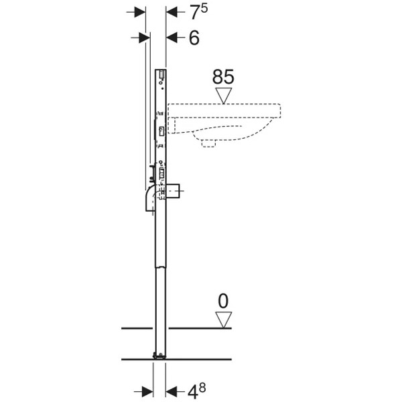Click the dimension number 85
223,76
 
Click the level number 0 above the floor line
223,301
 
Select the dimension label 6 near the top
194,38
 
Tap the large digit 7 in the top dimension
195,13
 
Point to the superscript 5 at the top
204,9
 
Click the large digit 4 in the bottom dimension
193,392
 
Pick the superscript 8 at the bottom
202,388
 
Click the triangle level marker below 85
224,96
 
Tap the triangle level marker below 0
224,320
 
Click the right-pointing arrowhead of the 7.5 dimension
140,12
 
